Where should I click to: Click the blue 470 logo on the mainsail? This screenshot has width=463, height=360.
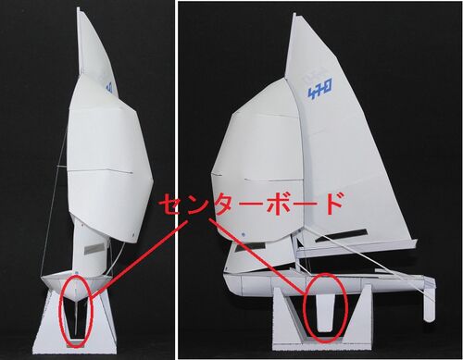(321, 87)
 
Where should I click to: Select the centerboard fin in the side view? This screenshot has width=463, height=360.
(325, 313)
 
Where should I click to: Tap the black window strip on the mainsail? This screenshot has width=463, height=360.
(341, 236)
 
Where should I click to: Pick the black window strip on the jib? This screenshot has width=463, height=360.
(250, 247)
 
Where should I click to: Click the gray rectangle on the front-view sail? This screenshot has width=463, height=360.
(94, 249)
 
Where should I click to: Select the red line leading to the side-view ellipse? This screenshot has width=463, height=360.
(256, 255)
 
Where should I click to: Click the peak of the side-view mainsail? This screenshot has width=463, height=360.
(294, 14)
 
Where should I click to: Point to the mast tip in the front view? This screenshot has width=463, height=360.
(78, 8)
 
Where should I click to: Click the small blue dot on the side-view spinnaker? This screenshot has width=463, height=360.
(244, 234)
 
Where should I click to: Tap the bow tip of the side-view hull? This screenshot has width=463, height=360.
(225, 276)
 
